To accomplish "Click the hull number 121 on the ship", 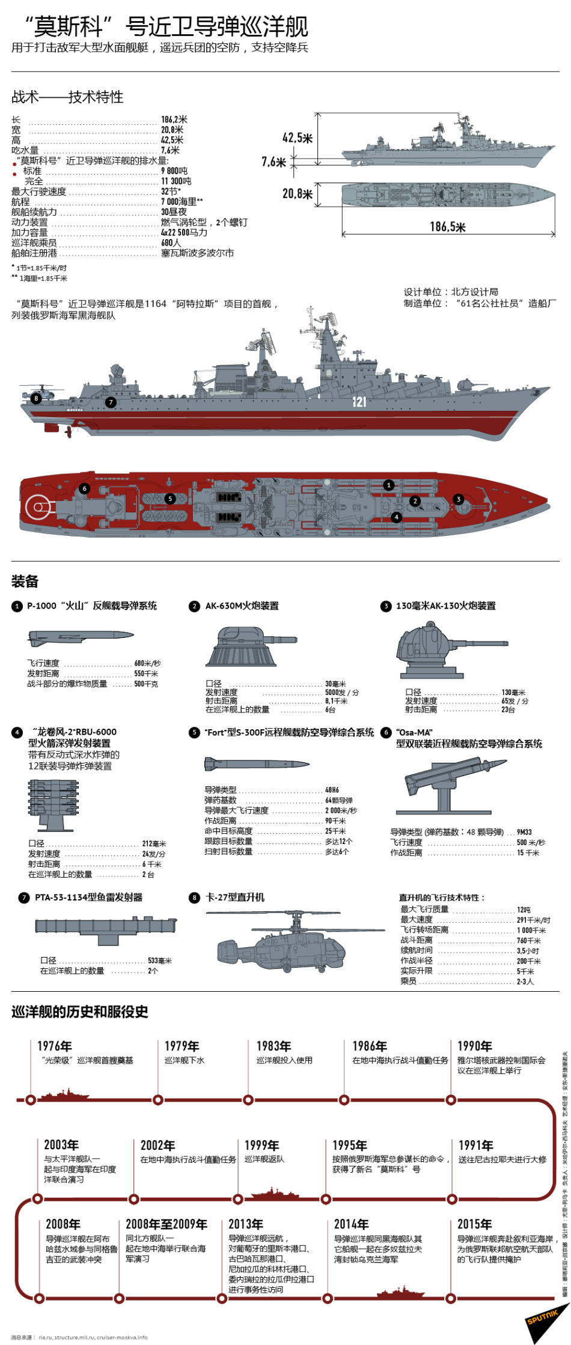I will (359, 401).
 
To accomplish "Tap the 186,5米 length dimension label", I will (447, 226).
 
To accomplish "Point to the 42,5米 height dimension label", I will (298, 138).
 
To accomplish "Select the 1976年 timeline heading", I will (55, 1046).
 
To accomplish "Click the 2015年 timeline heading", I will (474, 1224).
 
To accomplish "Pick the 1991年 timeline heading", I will (475, 1145).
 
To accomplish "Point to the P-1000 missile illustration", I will (81, 636).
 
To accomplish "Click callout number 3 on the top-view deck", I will (459, 499).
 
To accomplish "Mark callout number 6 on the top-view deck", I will (85, 488).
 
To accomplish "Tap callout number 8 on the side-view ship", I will (37, 398).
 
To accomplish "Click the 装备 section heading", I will (25, 581).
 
